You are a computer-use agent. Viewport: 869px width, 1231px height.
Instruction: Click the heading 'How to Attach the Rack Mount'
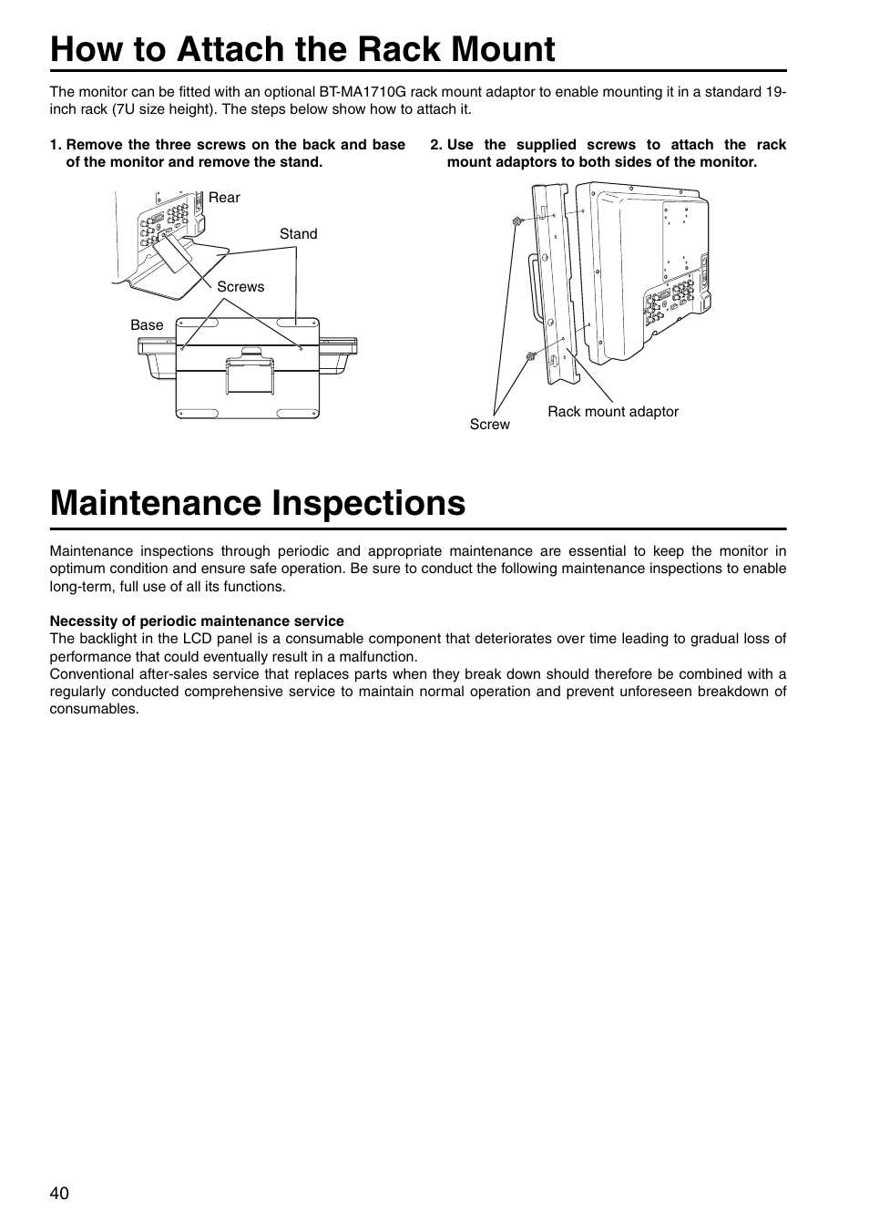tap(302, 48)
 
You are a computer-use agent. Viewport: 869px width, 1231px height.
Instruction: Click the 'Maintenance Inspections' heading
tap(258, 502)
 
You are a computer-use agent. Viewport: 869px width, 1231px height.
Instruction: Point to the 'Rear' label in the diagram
tap(224, 198)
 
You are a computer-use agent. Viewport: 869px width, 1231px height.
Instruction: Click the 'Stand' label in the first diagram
tap(298, 234)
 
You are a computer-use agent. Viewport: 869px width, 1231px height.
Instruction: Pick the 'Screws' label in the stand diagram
tap(240, 287)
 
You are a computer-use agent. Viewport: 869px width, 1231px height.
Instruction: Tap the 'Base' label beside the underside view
tap(147, 325)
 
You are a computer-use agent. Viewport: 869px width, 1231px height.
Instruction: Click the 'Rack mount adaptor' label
tap(612, 412)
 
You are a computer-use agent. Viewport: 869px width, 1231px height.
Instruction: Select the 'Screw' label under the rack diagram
tap(489, 425)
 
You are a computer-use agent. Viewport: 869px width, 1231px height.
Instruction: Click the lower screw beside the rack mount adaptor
tap(529, 356)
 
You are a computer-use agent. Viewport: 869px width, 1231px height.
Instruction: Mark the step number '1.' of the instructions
tap(56, 145)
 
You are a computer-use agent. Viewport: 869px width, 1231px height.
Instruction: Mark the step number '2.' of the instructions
tap(435, 145)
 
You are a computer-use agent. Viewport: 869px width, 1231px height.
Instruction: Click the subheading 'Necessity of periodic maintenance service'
tap(197, 621)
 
